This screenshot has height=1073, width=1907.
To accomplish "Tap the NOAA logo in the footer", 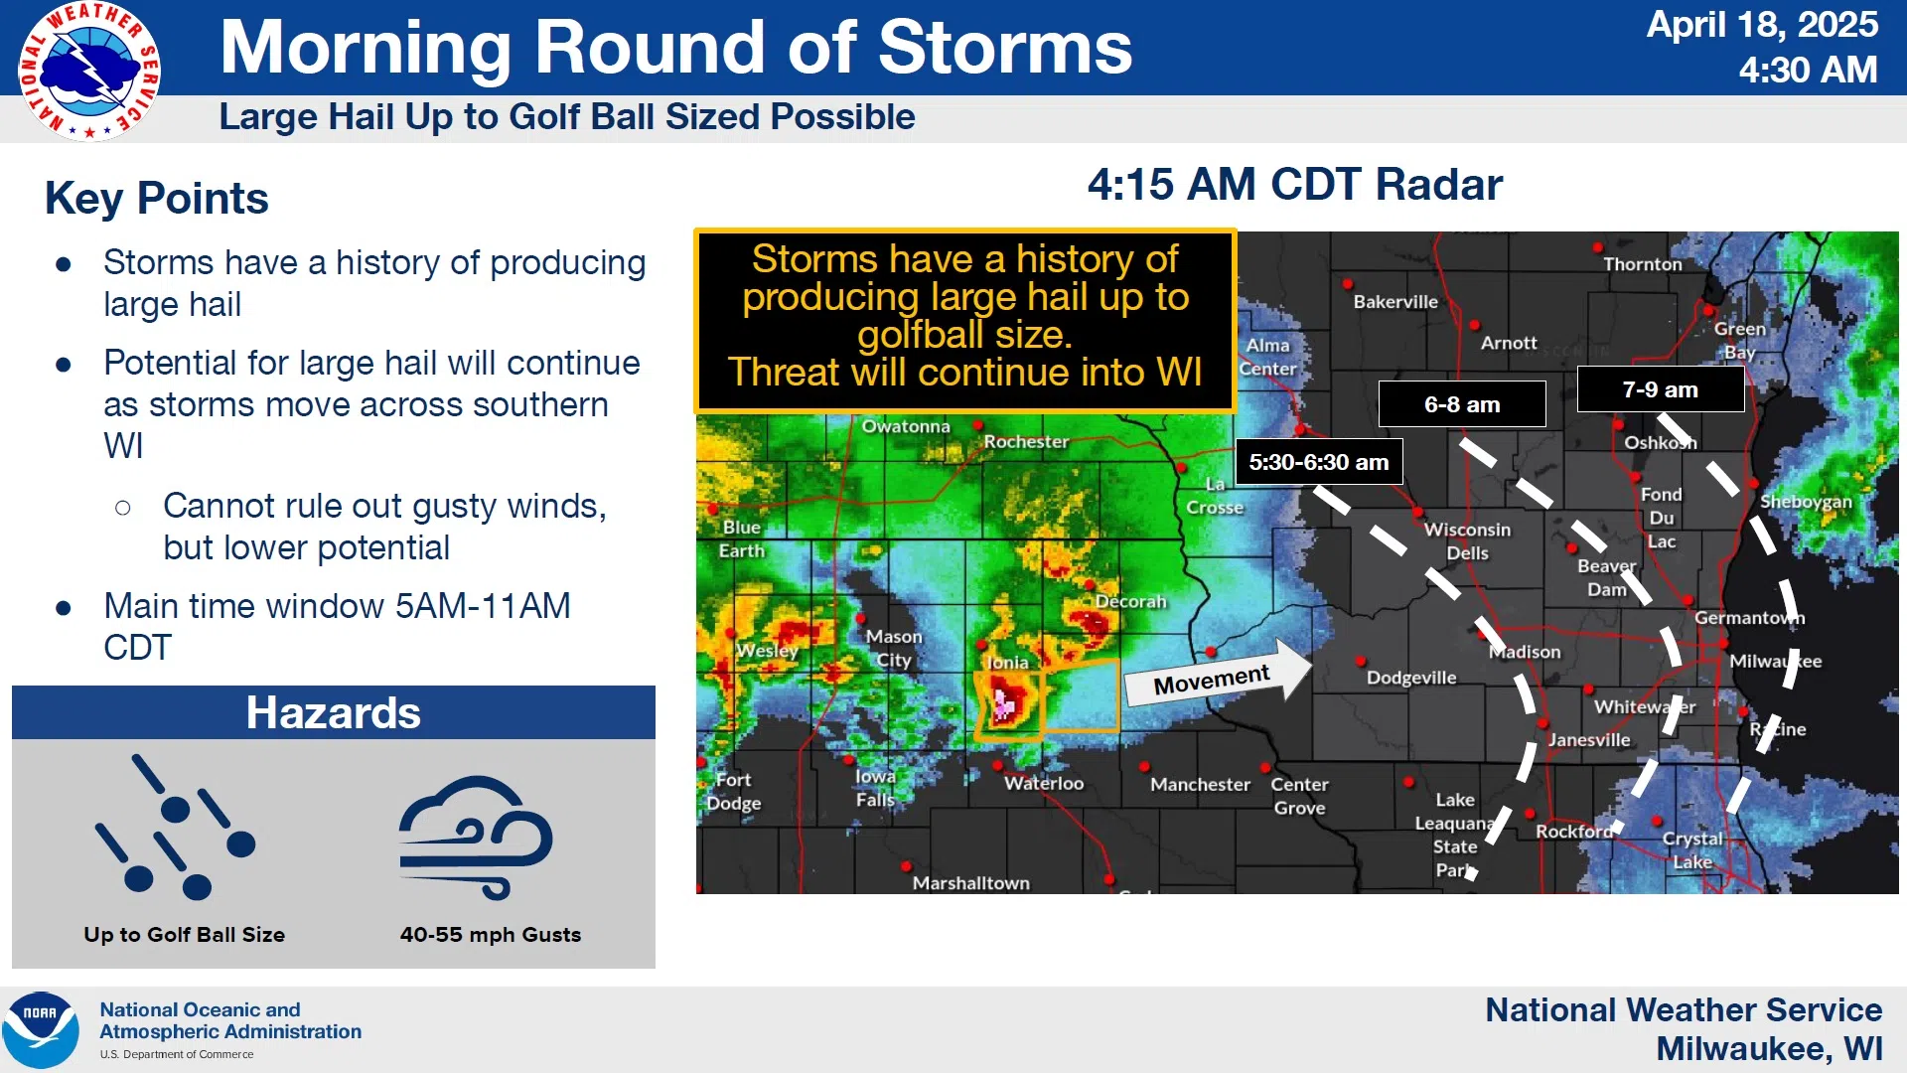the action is (41, 1030).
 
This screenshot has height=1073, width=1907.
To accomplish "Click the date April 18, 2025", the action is (1762, 25).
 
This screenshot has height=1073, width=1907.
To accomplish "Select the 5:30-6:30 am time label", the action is (1319, 462).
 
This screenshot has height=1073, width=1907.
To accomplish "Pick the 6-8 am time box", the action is (1462, 404).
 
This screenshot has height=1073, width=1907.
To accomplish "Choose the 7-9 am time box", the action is (1661, 389).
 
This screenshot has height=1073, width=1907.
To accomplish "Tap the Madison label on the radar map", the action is (1526, 652).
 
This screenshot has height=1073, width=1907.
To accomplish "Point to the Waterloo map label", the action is (1043, 783).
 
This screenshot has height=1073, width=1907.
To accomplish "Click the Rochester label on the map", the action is (1026, 441).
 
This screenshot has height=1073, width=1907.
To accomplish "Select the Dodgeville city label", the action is (1411, 678).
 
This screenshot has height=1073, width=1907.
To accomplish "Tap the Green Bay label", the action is (1739, 340).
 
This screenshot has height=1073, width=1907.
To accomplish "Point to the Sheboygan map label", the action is (1806, 502).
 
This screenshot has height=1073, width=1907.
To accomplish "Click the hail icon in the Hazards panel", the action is (176, 828).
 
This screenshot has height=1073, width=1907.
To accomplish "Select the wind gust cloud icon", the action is (476, 838).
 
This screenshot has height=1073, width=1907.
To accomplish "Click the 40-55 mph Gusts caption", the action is (491, 935).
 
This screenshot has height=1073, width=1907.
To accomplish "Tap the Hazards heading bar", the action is (334, 712).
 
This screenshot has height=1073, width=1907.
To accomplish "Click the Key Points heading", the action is (157, 198).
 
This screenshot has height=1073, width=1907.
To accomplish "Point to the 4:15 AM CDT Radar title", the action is (1295, 185).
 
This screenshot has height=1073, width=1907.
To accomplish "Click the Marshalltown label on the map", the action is (970, 883).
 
